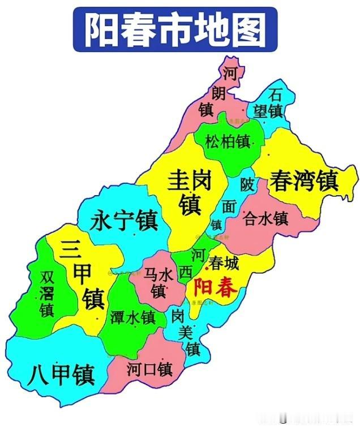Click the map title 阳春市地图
pos(175,29)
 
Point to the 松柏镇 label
pos(228,141)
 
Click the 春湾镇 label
pos(304,181)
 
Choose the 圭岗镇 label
pos(190,193)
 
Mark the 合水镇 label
pos(265,218)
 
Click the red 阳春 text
pos(215,288)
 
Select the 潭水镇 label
pos(132,318)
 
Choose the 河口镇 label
pos(149,370)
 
